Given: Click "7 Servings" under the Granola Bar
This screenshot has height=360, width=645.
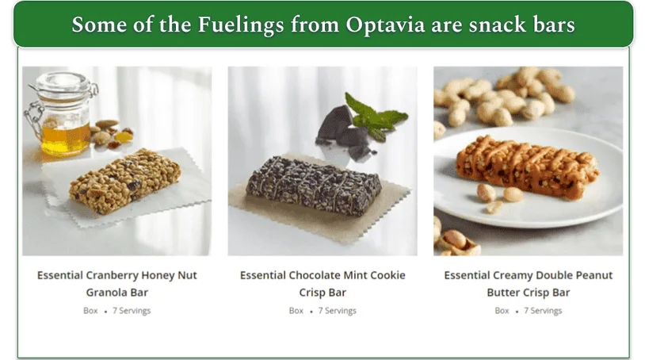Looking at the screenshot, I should [132, 311].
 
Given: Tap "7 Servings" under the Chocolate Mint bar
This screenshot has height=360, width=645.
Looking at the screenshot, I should [338, 311].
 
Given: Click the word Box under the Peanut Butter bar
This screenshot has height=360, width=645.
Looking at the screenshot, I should [502, 311].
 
